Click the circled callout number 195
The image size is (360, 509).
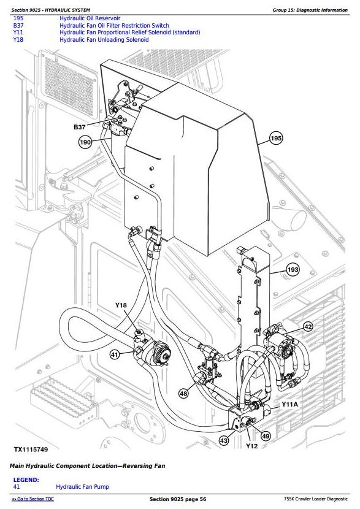pos(276,139)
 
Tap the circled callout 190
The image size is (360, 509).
pos(85,142)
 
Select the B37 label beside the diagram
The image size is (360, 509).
pos(80,127)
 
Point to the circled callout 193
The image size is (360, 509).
pos(293,270)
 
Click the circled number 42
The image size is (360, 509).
pos(308,327)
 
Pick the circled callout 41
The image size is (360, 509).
pos(115,355)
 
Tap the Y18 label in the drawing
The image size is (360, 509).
pos(121,305)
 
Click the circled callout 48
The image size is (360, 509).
pos(184,394)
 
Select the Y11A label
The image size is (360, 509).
pos(289,405)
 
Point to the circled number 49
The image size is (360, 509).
pos(266,436)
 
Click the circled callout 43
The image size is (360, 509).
pos(224,441)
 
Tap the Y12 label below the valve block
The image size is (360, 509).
pos(251,446)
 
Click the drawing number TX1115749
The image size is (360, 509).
pos(31,450)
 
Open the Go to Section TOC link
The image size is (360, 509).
pos(33,499)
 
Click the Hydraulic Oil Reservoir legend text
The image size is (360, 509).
pos(90,18)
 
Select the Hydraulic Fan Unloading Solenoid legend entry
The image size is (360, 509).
pos(104,40)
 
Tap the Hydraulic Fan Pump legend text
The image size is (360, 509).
pos(82,487)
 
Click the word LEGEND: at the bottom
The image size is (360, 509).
pos(26,480)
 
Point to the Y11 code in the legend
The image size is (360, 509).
pos(18,33)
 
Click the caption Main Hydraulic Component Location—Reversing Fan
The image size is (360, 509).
pos(87,466)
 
